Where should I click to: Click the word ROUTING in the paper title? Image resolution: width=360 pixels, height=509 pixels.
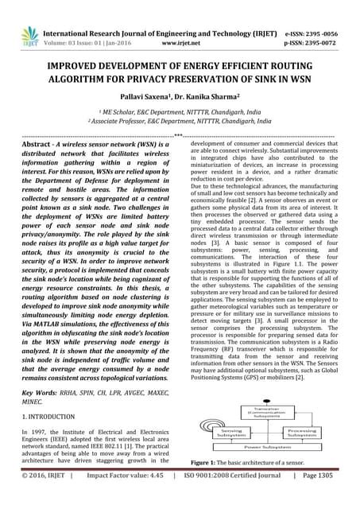coord(309,56)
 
